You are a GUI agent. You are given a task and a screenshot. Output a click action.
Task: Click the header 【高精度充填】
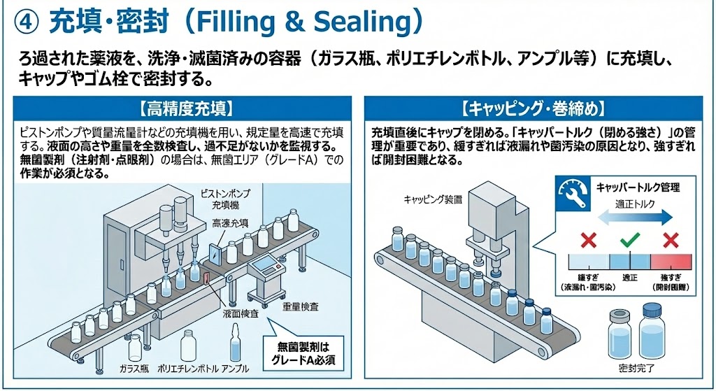pos(185,108)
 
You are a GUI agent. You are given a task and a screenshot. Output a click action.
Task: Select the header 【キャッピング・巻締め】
pos(534,108)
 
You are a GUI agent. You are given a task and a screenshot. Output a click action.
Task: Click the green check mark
pos(630,241)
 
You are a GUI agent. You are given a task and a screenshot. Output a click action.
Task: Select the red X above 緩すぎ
pos(589,241)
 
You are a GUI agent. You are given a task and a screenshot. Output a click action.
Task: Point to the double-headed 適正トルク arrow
pos(630,218)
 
